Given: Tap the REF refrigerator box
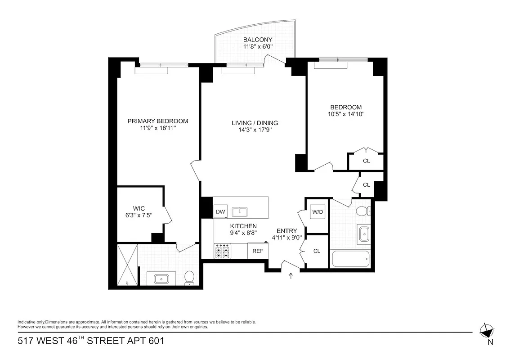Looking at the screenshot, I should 258,251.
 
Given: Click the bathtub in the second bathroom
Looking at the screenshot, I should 350,259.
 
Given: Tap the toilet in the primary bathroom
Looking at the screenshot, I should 189,278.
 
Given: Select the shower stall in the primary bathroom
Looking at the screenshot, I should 126,265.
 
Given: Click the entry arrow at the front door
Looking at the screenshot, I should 291,276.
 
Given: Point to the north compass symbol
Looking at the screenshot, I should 486,331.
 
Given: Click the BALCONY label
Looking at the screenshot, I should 258,40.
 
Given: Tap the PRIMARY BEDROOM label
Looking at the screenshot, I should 157,121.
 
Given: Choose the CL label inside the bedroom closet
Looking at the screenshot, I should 367,161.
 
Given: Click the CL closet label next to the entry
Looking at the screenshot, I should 317,251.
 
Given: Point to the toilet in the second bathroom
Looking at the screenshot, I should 362,211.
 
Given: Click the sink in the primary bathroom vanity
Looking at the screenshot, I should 161,279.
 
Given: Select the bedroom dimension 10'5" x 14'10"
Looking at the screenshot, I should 346,114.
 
